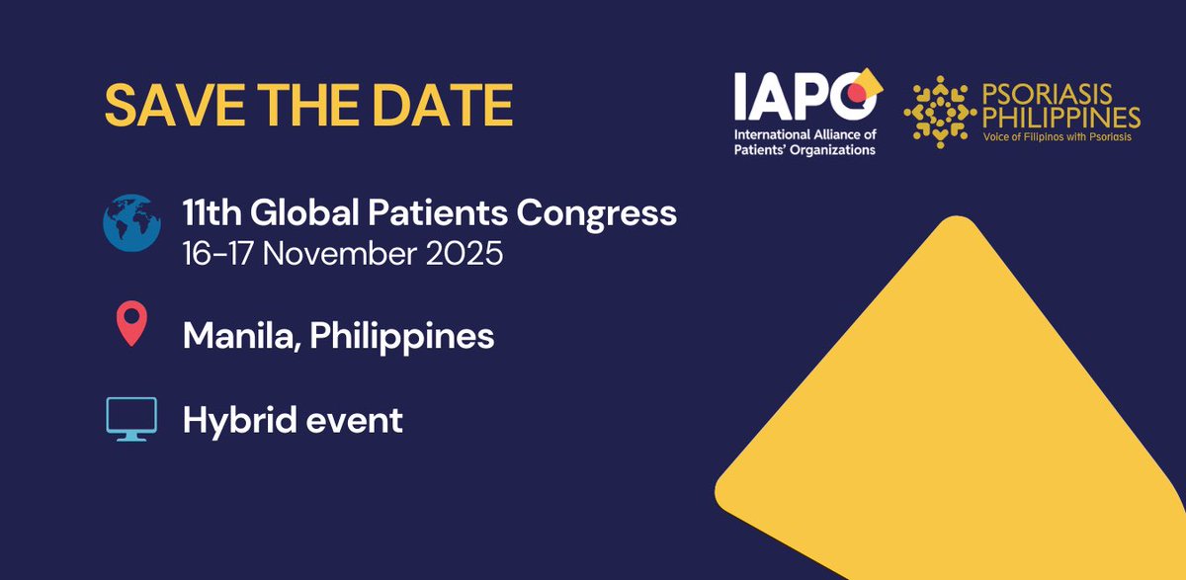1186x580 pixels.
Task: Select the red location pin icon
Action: (131, 325)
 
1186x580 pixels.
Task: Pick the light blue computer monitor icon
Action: (131, 419)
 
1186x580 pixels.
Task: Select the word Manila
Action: (239, 336)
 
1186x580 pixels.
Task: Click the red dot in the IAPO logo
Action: (857, 94)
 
